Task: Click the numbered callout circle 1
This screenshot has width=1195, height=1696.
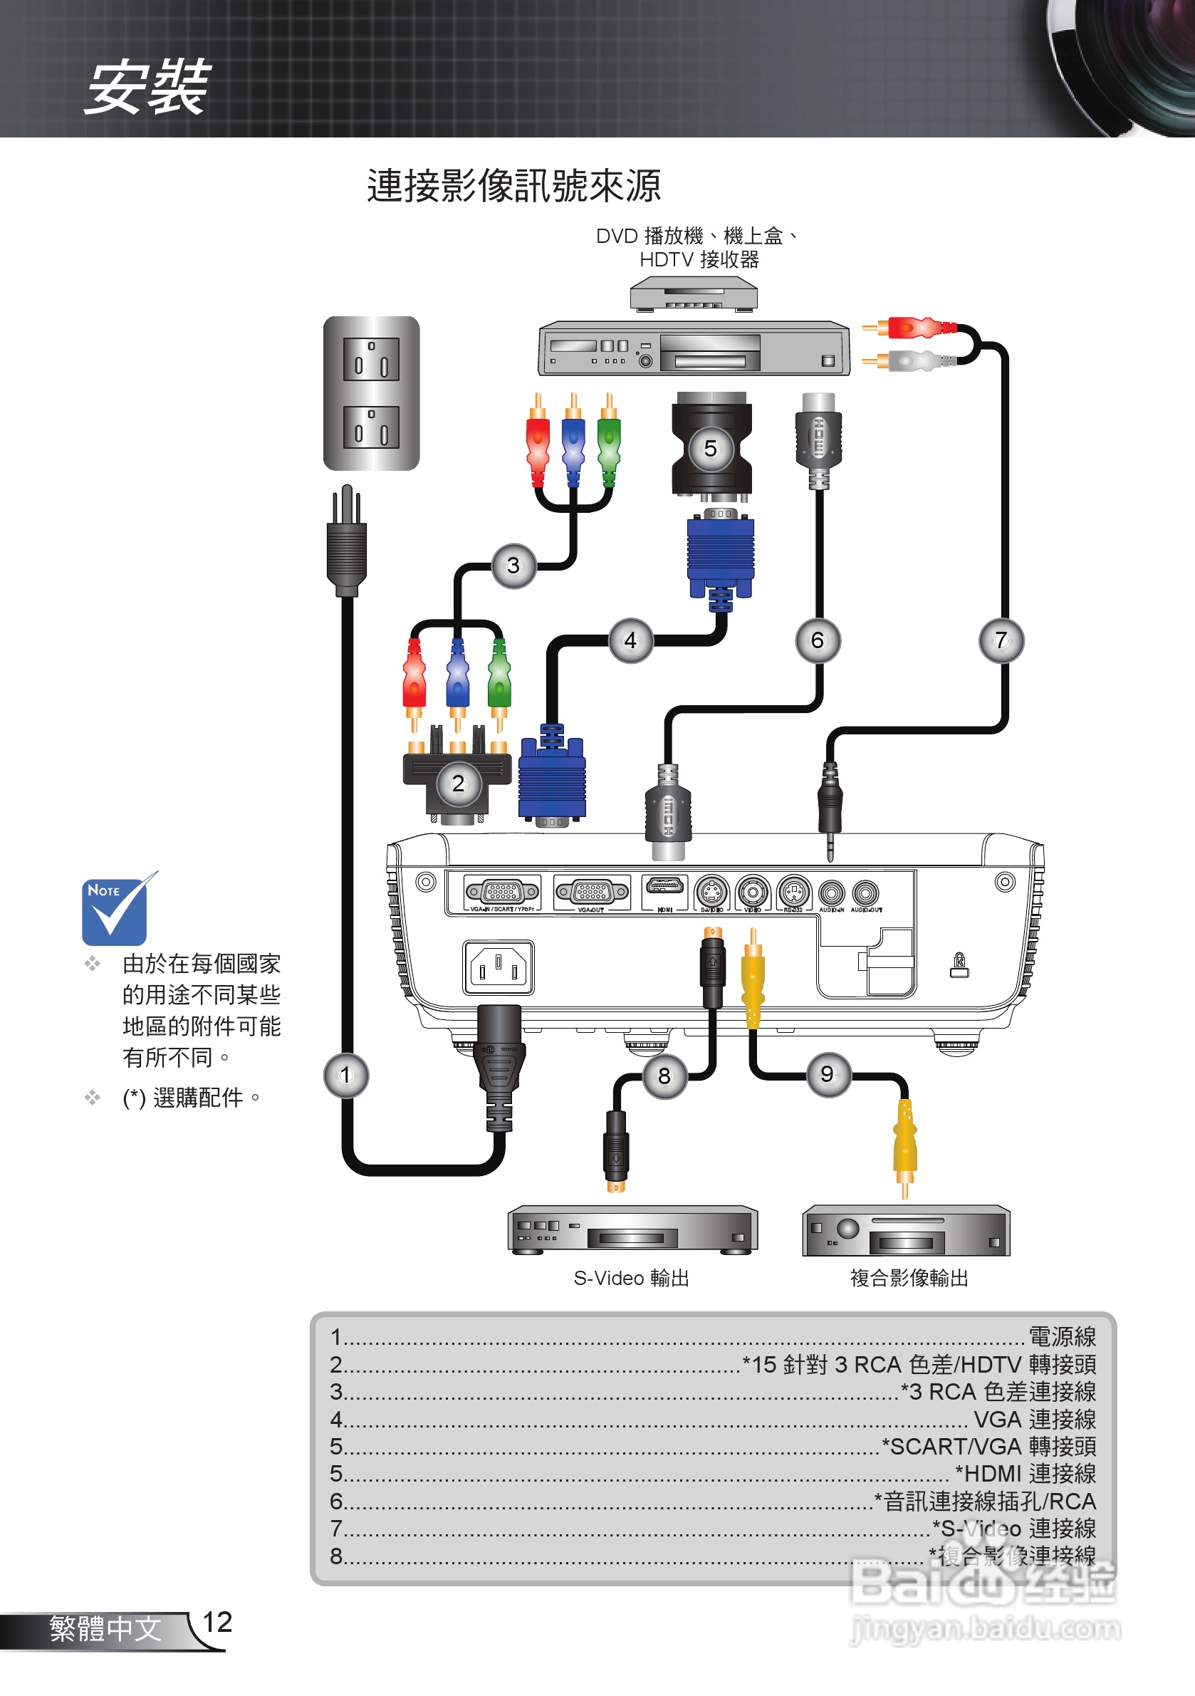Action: (345, 1075)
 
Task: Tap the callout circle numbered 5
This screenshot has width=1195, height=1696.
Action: (710, 448)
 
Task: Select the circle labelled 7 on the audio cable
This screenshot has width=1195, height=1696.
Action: (1001, 640)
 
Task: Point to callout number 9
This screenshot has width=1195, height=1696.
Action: (828, 1074)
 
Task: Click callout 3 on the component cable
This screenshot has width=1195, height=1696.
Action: (513, 566)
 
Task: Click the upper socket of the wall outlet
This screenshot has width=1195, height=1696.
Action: (371, 359)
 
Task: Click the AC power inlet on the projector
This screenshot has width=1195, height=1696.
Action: (499, 967)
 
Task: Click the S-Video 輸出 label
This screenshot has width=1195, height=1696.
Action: (632, 1278)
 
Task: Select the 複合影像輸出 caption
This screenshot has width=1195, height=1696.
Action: (909, 1278)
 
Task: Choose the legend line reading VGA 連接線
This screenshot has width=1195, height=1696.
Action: (1033, 1419)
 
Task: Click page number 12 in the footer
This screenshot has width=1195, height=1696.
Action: (217, 1622)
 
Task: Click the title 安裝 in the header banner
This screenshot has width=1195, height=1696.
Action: (147, 87)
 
